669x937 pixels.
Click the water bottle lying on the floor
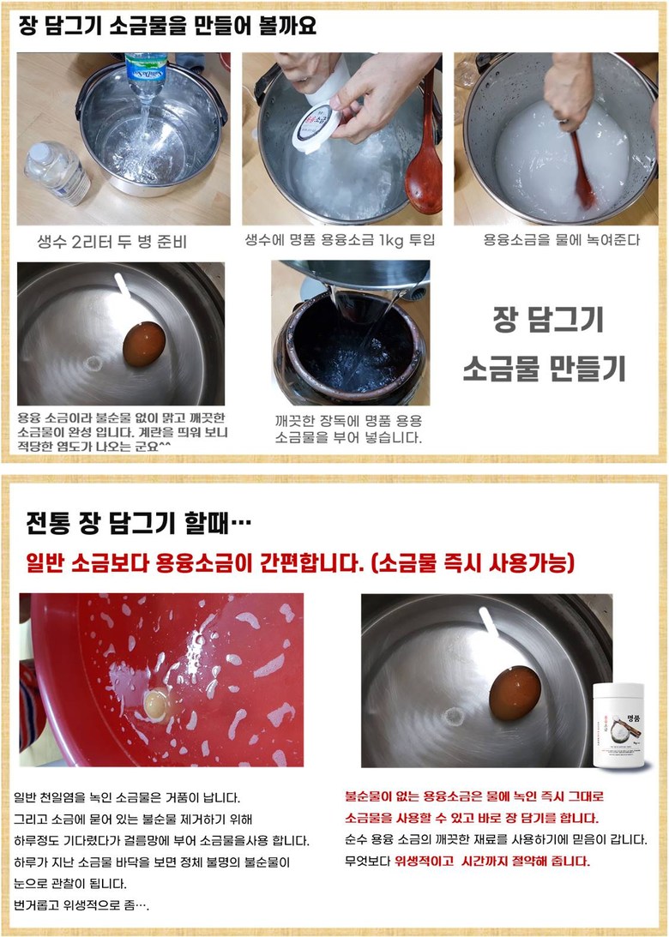coord(57,172)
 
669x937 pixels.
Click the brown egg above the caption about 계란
coord(144,344)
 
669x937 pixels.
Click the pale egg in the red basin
coord(158,703)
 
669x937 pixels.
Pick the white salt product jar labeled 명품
coord(618,724)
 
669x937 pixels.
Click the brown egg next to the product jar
coord(515,694)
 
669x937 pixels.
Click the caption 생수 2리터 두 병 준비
coord(111,242)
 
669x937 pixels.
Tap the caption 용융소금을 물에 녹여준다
coord(562,240)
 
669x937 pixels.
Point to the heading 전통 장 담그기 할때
coord(138,524)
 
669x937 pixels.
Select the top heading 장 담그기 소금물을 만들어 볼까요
coord(167,26)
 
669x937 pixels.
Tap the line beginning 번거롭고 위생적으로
coord(81,904)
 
